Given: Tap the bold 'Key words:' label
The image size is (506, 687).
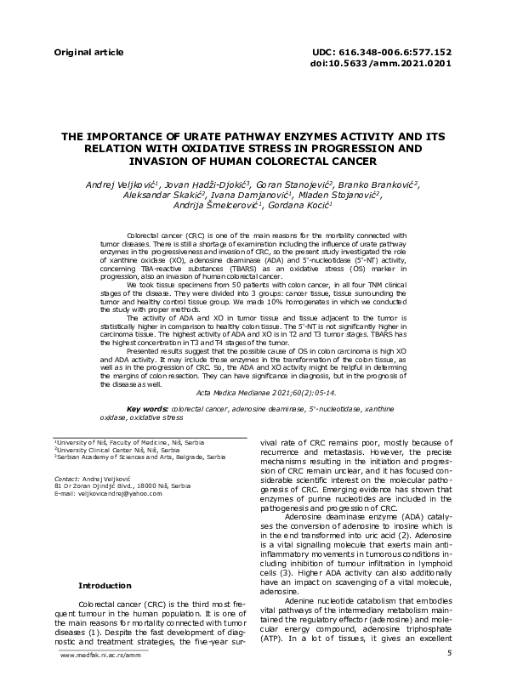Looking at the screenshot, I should (147, 409).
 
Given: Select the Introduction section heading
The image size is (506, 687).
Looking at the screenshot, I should (105, 586).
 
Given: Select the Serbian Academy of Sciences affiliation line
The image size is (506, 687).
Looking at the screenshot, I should (142, 457).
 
